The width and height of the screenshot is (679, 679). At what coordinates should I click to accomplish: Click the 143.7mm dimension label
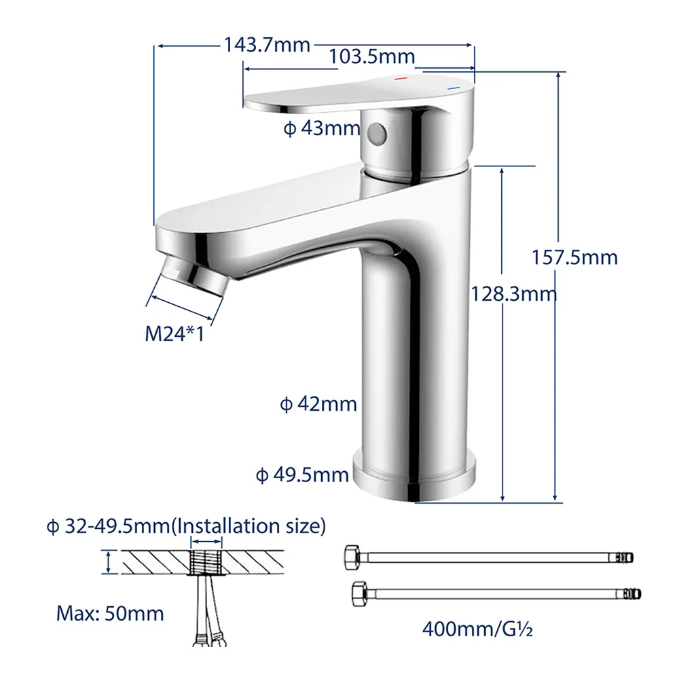(x=267, y=45)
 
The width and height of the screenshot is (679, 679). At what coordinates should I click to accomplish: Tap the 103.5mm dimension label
(x=372, y=57)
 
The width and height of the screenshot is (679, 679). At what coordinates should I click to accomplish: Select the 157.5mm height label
(x=574, y=257)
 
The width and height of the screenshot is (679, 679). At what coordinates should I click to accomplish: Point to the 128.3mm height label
(x=514, y=295)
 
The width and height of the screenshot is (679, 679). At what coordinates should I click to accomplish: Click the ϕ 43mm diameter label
(x=322, y=128)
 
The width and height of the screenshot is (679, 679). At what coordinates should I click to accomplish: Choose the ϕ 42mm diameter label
(x=318, y=405)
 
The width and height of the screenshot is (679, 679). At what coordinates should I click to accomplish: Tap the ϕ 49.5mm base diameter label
(x=302, y=475)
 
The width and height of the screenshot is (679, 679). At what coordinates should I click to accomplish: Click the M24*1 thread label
(x=175, y=334)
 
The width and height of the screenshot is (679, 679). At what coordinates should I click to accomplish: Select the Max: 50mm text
(x=110, y=614)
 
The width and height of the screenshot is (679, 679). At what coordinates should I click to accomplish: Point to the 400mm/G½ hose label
(x=477, y=629)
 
